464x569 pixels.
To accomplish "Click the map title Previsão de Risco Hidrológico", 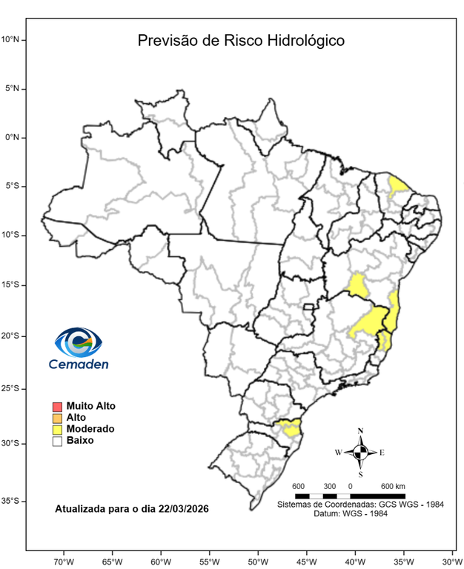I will pos(241,41).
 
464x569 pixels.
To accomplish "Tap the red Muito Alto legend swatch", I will pos(57,407).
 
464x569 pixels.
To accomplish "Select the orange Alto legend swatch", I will pos(57,418).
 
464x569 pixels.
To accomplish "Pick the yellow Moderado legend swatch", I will pos(57,429).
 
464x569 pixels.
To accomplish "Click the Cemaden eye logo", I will pos(78,343).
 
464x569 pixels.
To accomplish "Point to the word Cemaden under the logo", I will pos(79,364).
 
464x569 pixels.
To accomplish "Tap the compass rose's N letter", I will pos(360,430).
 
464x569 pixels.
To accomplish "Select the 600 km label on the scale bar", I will pos(393,486).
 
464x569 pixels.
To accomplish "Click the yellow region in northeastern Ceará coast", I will pos(399,185).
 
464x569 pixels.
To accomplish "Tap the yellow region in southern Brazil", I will pos(288,427).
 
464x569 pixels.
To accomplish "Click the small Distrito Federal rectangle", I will pos(309,307).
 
